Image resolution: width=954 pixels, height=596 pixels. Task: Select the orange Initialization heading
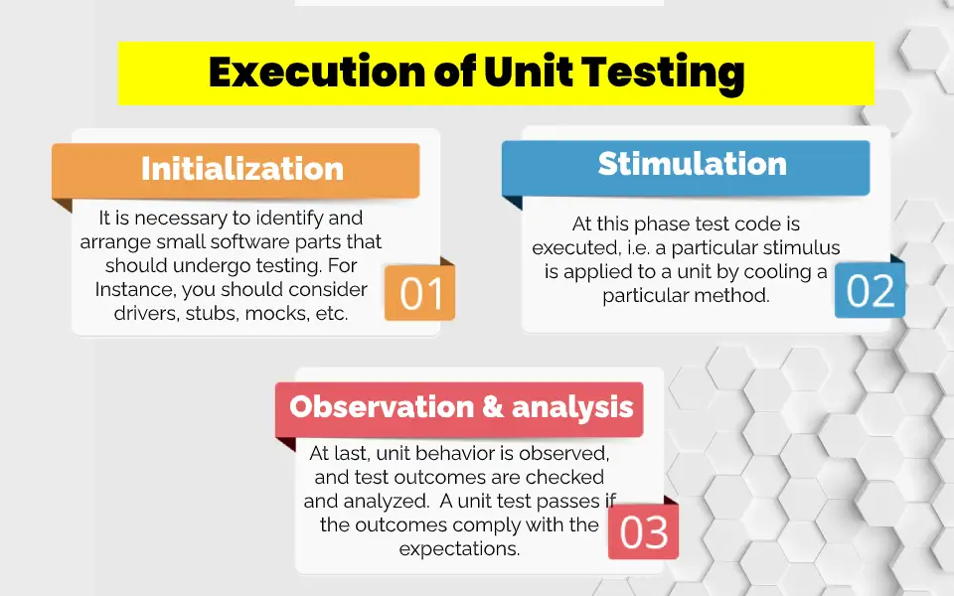point(241,168)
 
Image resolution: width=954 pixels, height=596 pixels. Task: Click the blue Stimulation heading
point(692,164)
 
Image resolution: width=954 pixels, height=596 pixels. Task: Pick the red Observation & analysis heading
point(461,406)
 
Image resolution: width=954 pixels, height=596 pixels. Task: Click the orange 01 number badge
point(419,292)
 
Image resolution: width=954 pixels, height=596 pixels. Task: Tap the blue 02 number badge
point(871,290)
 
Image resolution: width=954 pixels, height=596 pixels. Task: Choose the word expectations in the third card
point(459,548)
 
